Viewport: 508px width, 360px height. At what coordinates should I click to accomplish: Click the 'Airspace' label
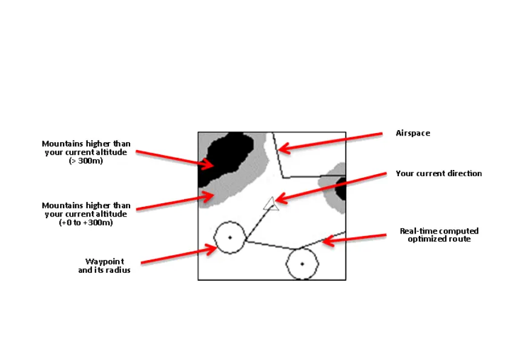tap(412, 133)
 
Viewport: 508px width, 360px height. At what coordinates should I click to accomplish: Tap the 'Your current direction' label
tap(438, 174)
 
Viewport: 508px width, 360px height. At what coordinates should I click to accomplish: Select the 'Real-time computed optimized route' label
tap(439, 235)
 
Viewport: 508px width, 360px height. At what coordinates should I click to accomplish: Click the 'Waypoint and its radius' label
tap(104, 265)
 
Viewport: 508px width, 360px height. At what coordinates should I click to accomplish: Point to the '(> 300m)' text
tap(85, 161)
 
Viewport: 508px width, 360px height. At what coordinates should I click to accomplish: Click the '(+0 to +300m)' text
tap(85, 223)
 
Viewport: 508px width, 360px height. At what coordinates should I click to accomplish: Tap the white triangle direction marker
tap(271, 205)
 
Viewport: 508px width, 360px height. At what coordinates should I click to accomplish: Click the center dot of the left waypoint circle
tap(230, 237)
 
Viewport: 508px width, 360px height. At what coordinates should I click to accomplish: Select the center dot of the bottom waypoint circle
tap(302, 264)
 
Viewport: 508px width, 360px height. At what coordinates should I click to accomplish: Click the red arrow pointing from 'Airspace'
tap(330, 140)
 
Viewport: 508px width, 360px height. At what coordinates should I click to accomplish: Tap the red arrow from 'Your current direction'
tap(330, 188)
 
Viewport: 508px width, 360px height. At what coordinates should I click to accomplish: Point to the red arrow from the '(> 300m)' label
tap(173, 158)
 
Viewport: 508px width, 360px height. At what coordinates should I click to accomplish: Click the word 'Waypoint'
tap(105, 261)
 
